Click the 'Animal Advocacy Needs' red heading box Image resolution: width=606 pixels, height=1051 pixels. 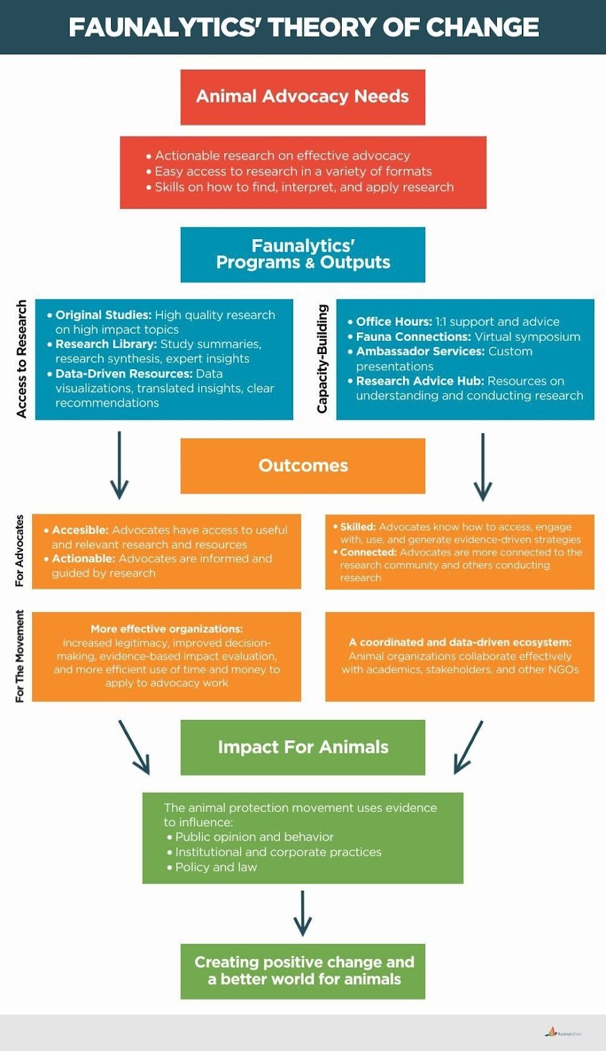[x=302, y=97]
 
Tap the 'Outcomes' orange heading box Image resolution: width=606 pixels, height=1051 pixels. [x=302, y=466]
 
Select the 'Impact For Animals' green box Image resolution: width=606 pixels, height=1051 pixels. [x=302, y=748]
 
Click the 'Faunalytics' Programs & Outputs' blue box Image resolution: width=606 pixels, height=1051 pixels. [x=302, y=254]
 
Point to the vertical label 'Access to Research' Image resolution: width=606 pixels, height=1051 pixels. [x=22, y=359]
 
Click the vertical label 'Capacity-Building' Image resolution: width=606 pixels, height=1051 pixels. [x=322, y=359]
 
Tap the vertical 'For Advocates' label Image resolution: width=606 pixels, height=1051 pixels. [x=20, y=550]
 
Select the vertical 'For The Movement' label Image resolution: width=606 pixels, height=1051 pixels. [x=20, y=656]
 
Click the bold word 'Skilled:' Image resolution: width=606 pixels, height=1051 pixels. [x=358, y=527]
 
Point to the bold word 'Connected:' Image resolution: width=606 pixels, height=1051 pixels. [x=368, y=552]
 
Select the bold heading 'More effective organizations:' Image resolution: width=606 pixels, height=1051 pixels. [x=166, y=629]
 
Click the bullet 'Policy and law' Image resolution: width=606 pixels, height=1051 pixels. [x=216, y=867]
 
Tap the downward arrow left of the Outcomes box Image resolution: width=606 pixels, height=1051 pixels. [x=119, y=465]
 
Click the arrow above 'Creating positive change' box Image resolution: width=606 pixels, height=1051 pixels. [x=302, y=914]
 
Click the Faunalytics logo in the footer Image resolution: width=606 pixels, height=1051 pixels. [x=563, y=1033]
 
